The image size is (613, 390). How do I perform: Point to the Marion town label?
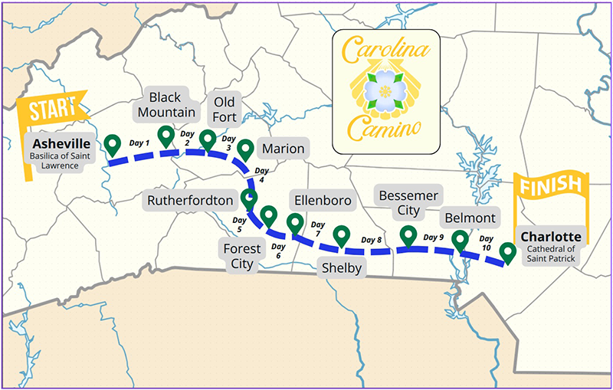coord(282,149)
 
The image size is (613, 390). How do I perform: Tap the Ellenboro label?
coord(323,201)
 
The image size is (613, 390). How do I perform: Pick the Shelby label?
coord(341,267)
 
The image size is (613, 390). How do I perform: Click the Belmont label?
coord(470,218)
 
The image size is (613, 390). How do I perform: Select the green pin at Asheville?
coord(113,143)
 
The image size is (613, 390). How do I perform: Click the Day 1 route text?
coord(139,143)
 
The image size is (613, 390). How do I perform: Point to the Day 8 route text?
coord(372,241)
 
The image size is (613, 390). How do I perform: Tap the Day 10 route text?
coord(486,243)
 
